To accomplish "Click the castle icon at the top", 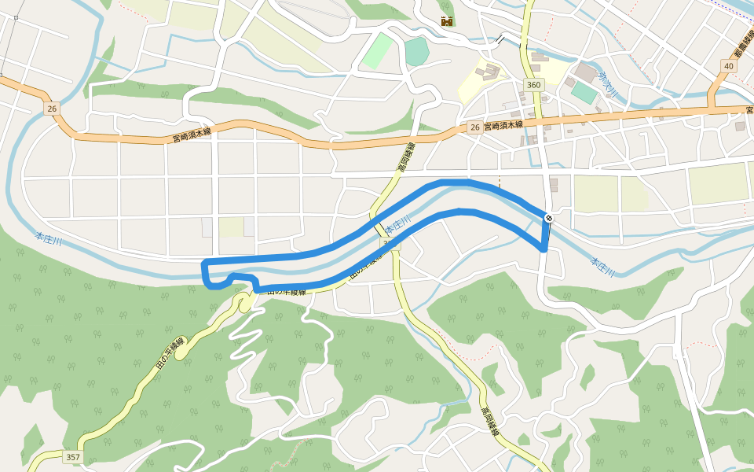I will click(x=446, y=21).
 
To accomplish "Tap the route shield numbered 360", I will click(x=534, y=85).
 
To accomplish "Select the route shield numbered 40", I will click(x=730, y=66).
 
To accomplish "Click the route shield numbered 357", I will click(x=72, y=457).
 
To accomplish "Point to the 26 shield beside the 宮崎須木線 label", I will click(x=474, y=127).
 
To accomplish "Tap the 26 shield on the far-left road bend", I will click(x=52, y=109).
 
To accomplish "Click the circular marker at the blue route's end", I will click(x=548, y=218).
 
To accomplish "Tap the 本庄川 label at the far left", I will click(x=49, y=234).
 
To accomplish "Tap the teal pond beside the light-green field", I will click(x=416, y=52).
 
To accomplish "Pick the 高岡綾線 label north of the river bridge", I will click(x=405, y=158).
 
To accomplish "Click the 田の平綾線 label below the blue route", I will click(x=286, y=291).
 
